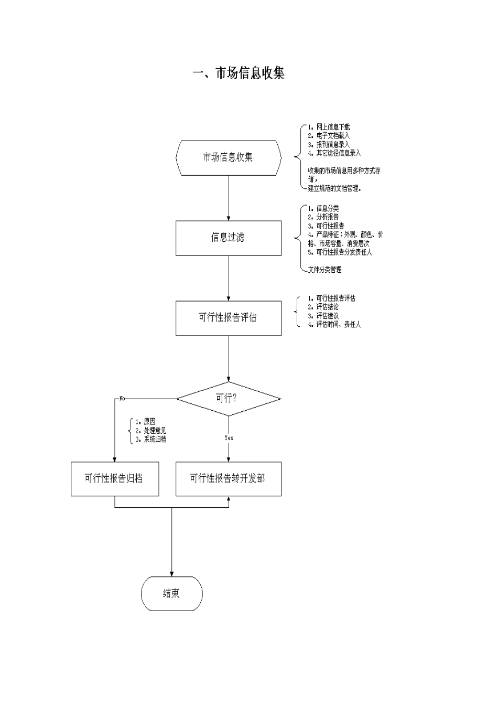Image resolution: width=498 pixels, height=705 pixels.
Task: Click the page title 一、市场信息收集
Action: pyautogui.click(x=239, y=73)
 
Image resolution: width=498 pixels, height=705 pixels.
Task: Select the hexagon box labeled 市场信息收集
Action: pyautogui.click(x=229, y=157)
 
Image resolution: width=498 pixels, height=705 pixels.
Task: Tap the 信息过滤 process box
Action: pyautogui.click(x=228, y=238)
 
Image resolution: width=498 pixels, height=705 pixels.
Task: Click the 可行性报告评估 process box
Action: pyautogui.click(x=228, y=318)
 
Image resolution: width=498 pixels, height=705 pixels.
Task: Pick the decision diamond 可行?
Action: pyautogui.click(x=228, y=399)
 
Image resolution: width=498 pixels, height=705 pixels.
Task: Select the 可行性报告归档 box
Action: pyautogui.click(x=115, y=478)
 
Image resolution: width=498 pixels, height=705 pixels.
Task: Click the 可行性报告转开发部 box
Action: pyautogui.click(x=228, y=478)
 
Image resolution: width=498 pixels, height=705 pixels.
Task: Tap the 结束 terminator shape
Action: pyautogui.click(x=171, y=593)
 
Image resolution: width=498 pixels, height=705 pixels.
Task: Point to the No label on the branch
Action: pyautogui.click(x=122, y=399)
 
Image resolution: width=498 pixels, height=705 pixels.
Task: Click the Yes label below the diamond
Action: pyautogui.click(x=229, y=437)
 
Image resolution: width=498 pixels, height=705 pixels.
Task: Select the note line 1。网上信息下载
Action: pyautogui.click(x=329, y=127)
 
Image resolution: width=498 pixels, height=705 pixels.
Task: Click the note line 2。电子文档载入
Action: pyautogui.click(x=329, y=135)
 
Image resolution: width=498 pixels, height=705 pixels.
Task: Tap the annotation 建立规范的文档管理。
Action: pyautogui.click(x=334, y=188)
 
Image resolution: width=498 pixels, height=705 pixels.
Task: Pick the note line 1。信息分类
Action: pyautogui.click(x=323, y=208)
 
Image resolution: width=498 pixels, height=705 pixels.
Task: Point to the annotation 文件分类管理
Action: pyautogui.click(x=324, y=270)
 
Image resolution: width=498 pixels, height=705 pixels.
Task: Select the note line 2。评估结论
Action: pyautogui.click(x=323, y=307)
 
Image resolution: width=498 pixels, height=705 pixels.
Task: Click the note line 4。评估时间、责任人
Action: pyautogui.click(x=334, y=325)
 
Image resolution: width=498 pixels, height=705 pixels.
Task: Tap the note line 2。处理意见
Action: pyautogui.click(x=151, y=431)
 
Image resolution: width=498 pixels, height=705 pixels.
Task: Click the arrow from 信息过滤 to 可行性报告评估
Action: pyautogui.click(x=229, y=278)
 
